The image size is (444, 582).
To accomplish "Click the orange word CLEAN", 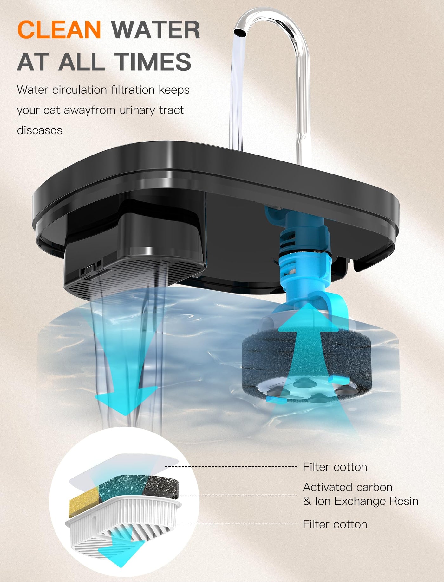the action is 59,29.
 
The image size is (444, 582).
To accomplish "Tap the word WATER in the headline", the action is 156,29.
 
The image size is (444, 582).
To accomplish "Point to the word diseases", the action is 40,130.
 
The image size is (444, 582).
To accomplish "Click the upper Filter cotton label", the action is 335,467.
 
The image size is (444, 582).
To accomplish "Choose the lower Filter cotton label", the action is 335,524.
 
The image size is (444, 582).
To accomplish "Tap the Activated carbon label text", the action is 348,487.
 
